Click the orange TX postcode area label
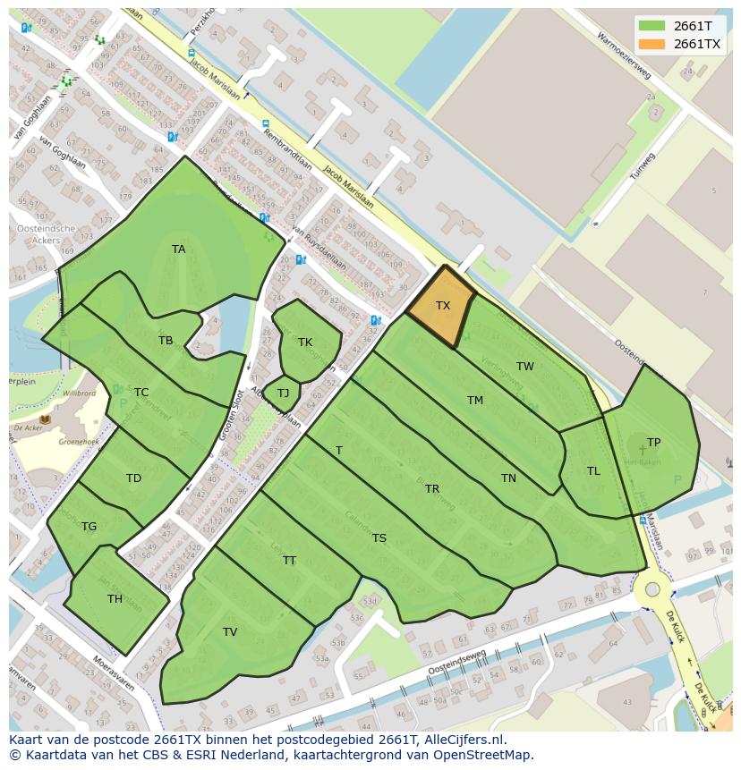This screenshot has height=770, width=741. click(x=443, y=306)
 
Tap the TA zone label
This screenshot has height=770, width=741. click(x=179, y=250)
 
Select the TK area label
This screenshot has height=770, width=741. click(x=305, y=343)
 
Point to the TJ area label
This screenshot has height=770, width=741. click(x=283, y=393)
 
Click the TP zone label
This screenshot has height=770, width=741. click(x=653, y=443)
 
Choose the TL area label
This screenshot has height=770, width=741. click(x=593, y=471)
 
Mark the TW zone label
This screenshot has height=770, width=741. click(x=525, y=367)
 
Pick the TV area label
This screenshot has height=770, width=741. click(x=230, y=632)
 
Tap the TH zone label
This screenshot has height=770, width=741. click(x=115, y=599)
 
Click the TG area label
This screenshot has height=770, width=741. click(x=89, y=527)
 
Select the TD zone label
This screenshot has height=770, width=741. click(x=133, y=478)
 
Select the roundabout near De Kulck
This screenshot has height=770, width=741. click(x=652, y=589)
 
